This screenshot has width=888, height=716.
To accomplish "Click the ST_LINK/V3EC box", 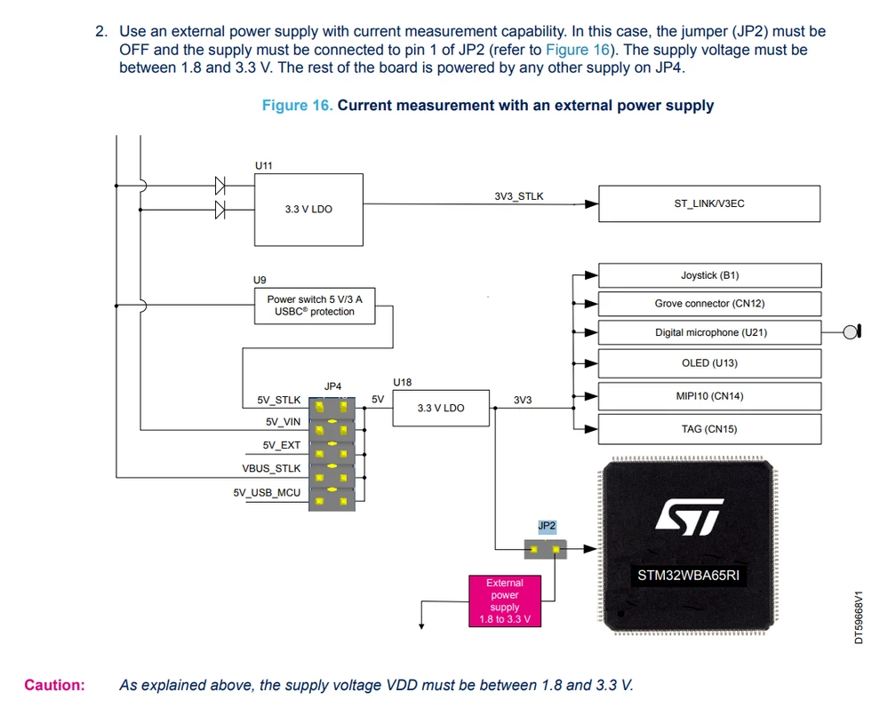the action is (709, 203).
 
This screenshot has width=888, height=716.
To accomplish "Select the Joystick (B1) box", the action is (709, 275).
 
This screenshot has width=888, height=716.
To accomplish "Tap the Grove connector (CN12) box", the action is (709, 304).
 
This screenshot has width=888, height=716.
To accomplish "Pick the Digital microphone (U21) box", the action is (709, 332).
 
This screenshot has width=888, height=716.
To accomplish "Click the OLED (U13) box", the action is (709, 363).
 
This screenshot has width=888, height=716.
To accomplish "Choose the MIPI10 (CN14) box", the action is (709, 396).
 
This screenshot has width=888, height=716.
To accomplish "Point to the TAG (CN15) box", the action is (709, 429).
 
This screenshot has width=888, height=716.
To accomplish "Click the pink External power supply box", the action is (505, 601).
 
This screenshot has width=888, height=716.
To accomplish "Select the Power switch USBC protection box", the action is (315, 306).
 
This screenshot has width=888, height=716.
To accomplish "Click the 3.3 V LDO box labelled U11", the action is (308, 210).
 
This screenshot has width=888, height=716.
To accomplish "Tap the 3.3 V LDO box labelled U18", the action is (441, 408).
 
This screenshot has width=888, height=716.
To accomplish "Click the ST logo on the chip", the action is (689, 517).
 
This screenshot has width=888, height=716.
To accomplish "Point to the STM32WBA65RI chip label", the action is (688, 576).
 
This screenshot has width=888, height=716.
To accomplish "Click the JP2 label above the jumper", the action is (547, 526).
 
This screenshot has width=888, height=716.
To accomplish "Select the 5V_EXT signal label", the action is (282, 445).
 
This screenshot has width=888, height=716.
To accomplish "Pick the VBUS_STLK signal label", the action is (271, 469).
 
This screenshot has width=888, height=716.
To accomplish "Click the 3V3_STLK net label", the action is (519, 196).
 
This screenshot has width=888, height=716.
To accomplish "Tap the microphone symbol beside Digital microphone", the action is (852, 331).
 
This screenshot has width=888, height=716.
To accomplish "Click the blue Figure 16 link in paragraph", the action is (578, 50).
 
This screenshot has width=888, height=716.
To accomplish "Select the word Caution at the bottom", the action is (54, 685).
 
